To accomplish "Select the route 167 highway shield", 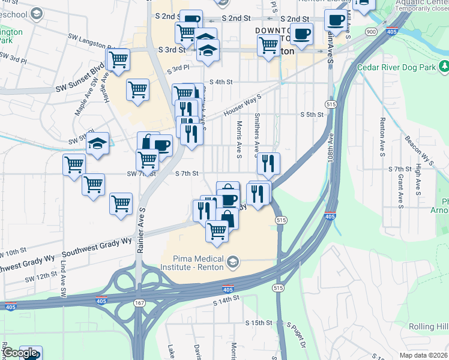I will (139, 304).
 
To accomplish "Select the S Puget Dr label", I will (297, 335).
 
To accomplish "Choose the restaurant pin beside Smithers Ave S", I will (268, 163).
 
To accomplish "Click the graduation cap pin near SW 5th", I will (97, 144).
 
